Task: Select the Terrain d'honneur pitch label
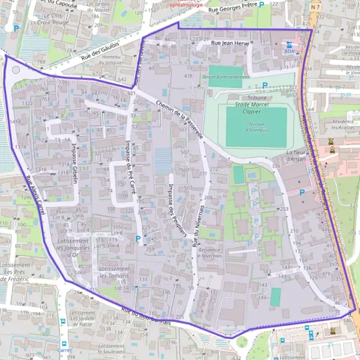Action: tap(257, 127)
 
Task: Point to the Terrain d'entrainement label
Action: tap(226, 77)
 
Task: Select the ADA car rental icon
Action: tap(290, 45)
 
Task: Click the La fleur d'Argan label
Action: tap(296, 156)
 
